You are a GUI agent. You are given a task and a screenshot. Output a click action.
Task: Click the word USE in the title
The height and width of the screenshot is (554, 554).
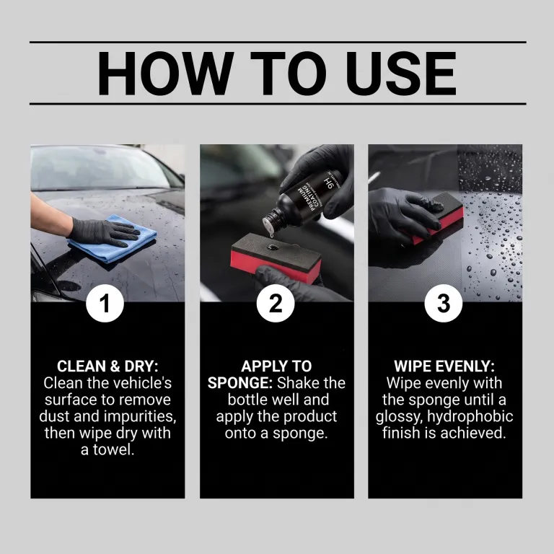pos(401,74)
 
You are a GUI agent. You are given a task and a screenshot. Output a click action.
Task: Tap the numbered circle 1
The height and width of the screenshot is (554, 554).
pos(105,303)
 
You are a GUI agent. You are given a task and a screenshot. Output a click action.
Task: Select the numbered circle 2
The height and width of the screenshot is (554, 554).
pos(276,303)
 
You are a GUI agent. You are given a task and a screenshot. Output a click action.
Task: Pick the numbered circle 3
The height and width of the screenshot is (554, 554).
pos(444,303)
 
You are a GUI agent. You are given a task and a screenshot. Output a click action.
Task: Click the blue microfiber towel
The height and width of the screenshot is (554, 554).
pos(113,240)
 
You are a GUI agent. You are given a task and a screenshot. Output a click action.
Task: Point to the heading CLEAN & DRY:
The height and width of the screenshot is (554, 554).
pos(107,366)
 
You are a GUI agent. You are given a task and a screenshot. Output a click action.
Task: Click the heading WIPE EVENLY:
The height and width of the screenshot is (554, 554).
pos(444,366)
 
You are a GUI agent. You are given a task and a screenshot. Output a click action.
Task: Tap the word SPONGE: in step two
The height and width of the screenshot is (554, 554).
pos(240,383)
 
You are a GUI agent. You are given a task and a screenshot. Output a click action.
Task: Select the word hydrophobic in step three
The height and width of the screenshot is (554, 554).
pos(470,417)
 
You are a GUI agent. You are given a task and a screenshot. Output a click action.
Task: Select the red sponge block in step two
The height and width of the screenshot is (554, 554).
pos(276,258)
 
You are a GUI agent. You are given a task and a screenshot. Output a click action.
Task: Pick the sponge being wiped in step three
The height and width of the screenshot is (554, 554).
pos(438,219)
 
